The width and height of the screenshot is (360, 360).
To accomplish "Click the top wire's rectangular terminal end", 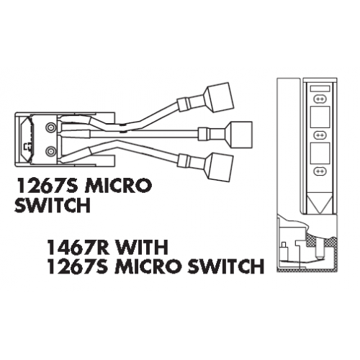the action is point(220,97).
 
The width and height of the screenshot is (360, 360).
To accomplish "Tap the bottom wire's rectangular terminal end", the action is point(220,167).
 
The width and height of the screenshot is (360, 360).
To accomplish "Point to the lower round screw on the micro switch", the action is point(50,151).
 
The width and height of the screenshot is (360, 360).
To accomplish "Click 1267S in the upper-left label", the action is point(47,185).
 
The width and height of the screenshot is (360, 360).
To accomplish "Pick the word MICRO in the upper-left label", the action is point(119,185).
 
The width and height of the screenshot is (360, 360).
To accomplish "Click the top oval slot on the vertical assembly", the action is point(320,99).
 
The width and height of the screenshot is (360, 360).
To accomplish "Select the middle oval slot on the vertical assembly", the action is point(320,135).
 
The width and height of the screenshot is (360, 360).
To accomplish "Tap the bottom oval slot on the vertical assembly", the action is point(320,171).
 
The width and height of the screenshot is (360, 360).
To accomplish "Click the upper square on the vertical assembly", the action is point(320,117).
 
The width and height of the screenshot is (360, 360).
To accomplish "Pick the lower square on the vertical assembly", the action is point(320,153).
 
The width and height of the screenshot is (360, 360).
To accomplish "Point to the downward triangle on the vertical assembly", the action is point(320,203).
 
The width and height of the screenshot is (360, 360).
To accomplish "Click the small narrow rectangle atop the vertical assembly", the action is point(320,89).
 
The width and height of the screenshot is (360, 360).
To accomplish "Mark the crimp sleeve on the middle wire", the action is point(204,135).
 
